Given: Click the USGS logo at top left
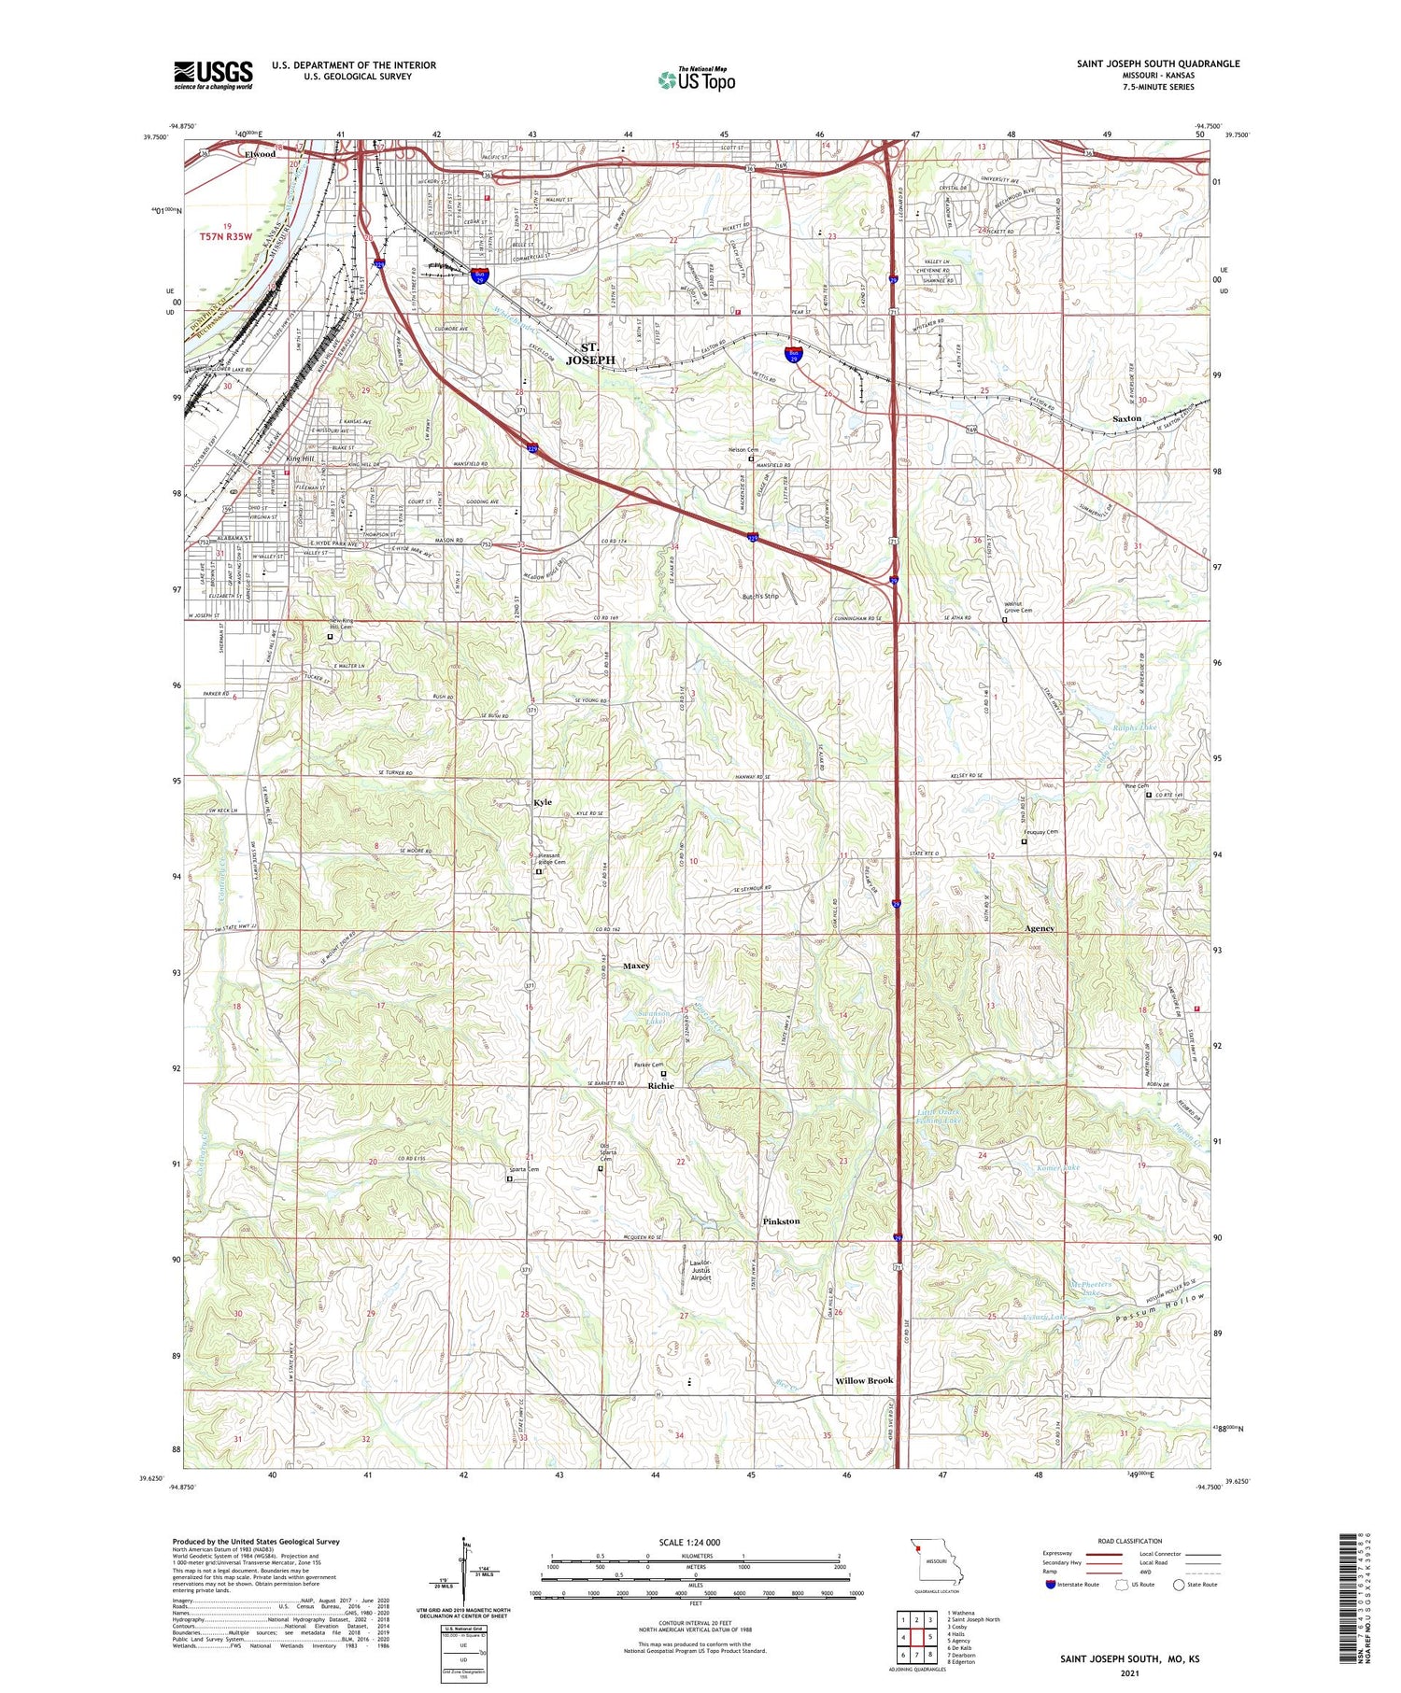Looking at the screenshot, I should point(213,75).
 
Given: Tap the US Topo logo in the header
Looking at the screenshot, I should point(696,79).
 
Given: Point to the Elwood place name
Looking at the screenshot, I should point(260,154).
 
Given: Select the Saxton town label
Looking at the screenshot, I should point(1126,418).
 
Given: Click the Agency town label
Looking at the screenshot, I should point(1039,928).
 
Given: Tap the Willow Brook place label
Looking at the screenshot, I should point(864,1380).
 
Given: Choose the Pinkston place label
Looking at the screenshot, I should point(781,1221).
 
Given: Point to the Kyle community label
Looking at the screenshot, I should point(543,802).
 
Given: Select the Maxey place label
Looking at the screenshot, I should point(636,966).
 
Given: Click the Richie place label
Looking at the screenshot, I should point(660,1086).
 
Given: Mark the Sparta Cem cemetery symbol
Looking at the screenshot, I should point(510,1179).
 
